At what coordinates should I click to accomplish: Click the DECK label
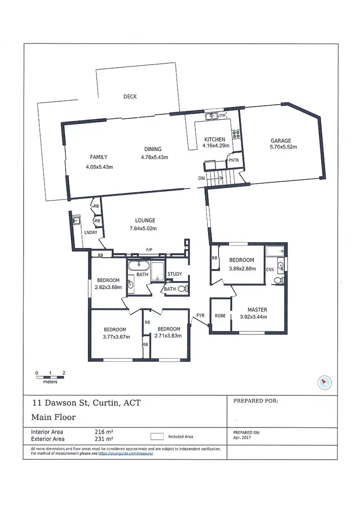[130, 96]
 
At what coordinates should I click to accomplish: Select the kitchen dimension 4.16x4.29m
[216, 145]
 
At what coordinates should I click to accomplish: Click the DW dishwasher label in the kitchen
[222, 116]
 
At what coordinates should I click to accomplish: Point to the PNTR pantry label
[234, 160]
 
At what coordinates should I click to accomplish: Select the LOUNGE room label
[144, 221]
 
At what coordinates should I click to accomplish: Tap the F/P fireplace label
[149, 250]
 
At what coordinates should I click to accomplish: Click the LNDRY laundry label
[91, 233]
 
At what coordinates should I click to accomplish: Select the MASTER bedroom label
[257, 309]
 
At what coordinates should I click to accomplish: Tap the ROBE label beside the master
[220, 316]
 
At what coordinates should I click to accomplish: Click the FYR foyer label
[201, 316]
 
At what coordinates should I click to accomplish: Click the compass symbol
[325, 382]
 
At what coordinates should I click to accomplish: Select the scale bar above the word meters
[50, 377]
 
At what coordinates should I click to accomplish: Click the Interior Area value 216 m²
[104, 432]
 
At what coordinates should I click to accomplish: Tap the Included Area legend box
[156, 437]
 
